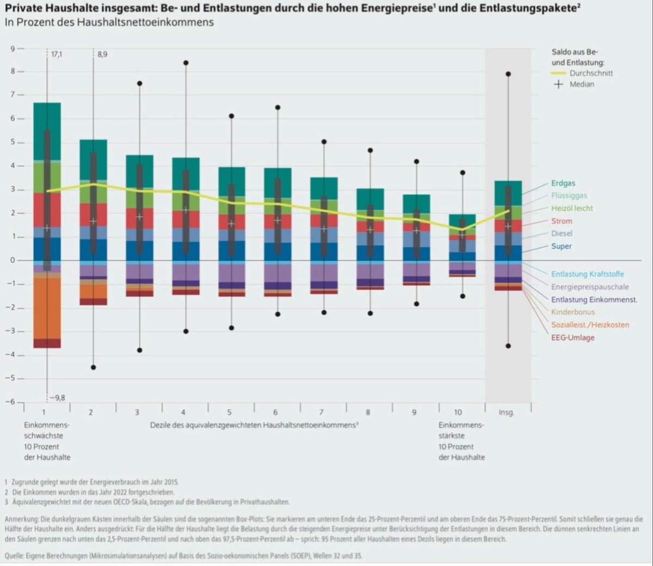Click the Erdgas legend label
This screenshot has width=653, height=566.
[x=563, y=183]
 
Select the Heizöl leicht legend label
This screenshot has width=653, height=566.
[x=571, y=208]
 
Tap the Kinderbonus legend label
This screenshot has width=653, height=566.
[x=572, y=312]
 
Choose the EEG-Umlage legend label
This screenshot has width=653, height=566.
[x=572, y=338]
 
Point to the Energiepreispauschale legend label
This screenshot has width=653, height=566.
[x=589, y=287]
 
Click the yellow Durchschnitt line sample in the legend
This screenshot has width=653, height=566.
[x=558, y=73]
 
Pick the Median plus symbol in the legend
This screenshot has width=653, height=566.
[x=558, y=84]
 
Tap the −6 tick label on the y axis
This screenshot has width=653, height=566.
[x=10, y=402]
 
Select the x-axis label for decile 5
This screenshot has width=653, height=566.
[x=230, y=413]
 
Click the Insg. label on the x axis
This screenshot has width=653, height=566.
[x=506, y=413]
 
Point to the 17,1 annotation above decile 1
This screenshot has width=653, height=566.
[x=57, y=55]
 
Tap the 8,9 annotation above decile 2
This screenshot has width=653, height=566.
[x=102, y=55]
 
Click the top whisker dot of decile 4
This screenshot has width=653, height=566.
[x=186, y=63]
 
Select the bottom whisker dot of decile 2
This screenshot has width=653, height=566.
[x=93, y=367]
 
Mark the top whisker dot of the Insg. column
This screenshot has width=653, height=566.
[x=508, y=74]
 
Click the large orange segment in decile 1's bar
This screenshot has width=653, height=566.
[x=47, y=308]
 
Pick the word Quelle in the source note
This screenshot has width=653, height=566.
[x=15, y=556]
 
